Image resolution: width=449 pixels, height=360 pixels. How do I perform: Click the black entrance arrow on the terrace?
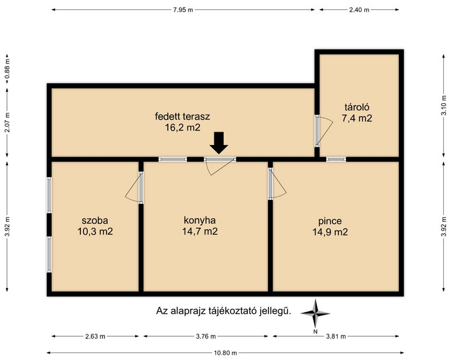(x=219, y=143)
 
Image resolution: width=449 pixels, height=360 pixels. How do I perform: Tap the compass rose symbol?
(x=316, y=313)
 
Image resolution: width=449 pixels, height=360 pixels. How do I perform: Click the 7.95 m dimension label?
(x=183, y=10)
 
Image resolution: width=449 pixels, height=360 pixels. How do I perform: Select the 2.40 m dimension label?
(x=359, y=10)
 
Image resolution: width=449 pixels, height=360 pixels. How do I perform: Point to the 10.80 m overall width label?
(x=225, y=353)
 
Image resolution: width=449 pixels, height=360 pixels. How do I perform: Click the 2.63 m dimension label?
(x=95, y=336)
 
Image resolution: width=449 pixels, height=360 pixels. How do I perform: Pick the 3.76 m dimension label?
(x=206, y=336)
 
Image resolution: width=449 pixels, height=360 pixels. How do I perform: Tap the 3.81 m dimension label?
(x=336, y=336)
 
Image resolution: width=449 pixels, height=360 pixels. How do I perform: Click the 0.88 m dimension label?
(x=8, y=69)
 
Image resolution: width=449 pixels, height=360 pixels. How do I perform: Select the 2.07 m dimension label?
(x=8, y=122)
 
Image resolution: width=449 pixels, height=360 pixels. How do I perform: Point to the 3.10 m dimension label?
(x=444, y=105)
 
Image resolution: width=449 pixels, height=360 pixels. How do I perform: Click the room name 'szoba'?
(x=95, y=221)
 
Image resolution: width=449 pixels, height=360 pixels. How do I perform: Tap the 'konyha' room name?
(x=200, y=220)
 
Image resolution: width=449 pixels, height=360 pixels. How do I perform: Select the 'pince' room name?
(x=330, y=221)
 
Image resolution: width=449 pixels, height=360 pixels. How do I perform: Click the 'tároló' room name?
(x=357, y=107)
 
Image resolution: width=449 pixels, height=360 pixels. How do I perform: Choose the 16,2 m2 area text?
(x=182, y=128)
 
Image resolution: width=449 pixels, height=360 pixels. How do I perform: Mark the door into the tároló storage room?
(x=324, y=131)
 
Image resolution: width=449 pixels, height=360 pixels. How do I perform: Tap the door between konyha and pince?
(x=277, y=183)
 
